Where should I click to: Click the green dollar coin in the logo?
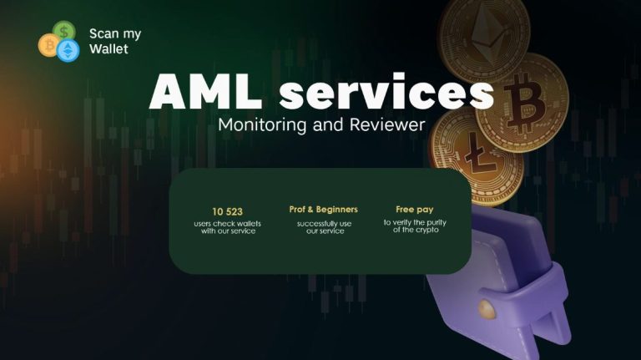[x=64, y=31]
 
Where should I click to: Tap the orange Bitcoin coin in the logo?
[x=49, y=45]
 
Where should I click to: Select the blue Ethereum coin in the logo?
[x=68, y=51]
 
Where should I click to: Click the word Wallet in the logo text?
[x=109, y=48]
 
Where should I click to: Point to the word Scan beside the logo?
[x=103, y=33]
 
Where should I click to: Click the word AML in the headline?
[x=205, y=91]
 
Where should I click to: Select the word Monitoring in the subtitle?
[x=262, y=124]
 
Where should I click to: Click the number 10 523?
[x=227, y=211]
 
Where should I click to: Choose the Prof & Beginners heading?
[x=323, y=210]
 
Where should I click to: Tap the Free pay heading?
[x=415, y=210]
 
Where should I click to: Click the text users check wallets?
[x=227, y=223]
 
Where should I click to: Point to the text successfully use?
[x=324, y=224]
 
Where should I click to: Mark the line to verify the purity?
[x=415, y=222]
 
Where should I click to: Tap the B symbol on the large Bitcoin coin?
[x=524, y=104]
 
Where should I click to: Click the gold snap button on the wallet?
[x=487, y=309]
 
